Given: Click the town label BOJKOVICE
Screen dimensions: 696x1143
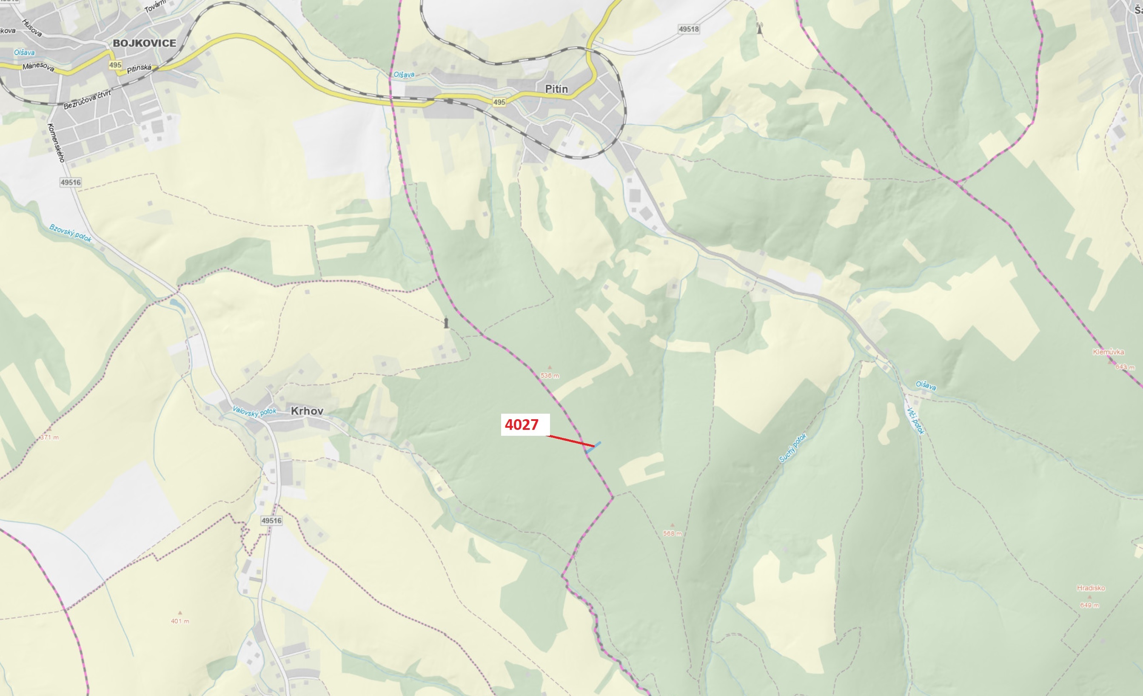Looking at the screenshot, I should pos(144,43).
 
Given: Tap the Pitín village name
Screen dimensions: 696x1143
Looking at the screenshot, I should pos(556,88).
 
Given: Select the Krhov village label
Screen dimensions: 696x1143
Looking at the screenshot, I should pos(307,411).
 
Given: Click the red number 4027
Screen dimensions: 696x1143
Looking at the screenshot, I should pos(522,425).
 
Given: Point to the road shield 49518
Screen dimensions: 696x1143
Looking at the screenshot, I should pos(688,29).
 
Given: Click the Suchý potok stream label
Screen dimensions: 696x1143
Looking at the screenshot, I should pos(793,447).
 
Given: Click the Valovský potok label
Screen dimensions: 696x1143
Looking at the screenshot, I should pos(254,411).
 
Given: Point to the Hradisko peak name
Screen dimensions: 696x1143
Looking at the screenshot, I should pos(1091,588).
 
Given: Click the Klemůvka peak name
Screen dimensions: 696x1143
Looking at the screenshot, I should pos(1108,352).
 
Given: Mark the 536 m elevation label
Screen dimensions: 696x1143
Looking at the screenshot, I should pos(550,375).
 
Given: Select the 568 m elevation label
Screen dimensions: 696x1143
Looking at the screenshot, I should pos(672,534).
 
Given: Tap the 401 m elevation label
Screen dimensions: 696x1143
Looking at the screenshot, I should pos(180,621).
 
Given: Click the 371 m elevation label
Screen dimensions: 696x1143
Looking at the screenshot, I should pos(50,437).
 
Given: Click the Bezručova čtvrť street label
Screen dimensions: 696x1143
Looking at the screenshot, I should pos(88,99).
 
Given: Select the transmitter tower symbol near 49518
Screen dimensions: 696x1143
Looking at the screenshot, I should pos(759,29).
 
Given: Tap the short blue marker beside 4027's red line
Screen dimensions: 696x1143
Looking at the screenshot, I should pos(593,447).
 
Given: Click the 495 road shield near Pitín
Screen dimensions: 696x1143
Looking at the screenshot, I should pos(499,102).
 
